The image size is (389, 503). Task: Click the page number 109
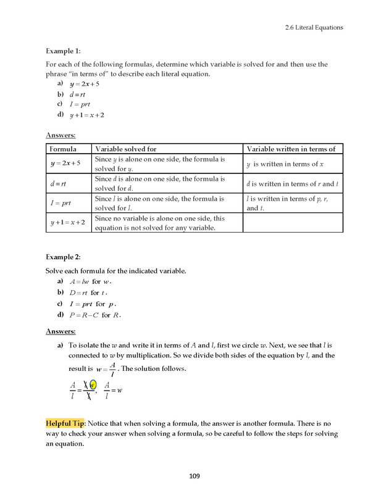[194, 476]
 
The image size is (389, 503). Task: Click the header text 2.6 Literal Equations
[314, 27]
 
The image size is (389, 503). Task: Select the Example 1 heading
[64, 51]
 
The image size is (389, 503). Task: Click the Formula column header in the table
[63, 149]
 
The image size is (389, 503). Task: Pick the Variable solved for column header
[126, 149]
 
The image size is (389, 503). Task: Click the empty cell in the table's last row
[293, 222]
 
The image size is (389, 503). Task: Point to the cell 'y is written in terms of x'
[285, 164]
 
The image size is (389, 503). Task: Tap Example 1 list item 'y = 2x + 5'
[84, 83]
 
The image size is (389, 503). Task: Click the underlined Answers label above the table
[61, 135]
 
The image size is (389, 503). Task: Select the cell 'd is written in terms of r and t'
[293, 183]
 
